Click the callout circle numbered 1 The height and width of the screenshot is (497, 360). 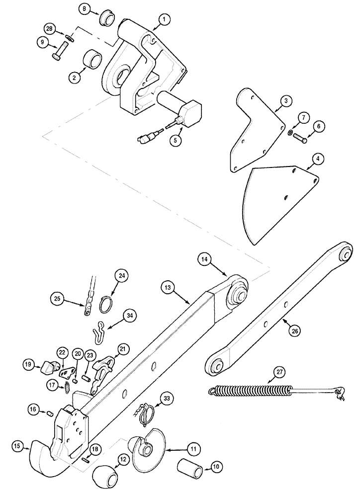(163, 20)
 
